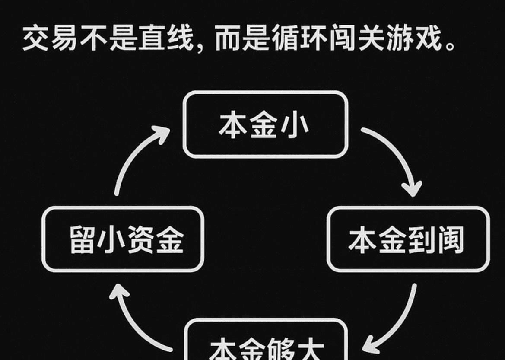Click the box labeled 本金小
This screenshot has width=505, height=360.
pos(265,124)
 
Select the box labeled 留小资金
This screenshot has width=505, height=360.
pos(123,239)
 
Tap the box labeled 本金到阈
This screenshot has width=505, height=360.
pos(408,239)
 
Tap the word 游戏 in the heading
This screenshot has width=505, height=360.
pos(416,39)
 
